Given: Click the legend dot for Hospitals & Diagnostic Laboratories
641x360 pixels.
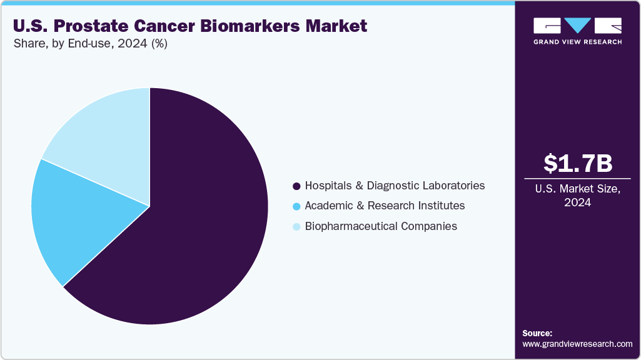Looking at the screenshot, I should [296, 186].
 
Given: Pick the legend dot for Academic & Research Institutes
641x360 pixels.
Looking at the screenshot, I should [296, 206].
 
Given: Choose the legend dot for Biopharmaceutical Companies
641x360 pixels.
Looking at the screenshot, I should [296, 226].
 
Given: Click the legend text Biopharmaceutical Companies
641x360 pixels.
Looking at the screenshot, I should [380, 226].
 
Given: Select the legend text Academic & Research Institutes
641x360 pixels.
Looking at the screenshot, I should [385, 206].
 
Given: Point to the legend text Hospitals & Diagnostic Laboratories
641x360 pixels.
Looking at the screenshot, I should [395, 186].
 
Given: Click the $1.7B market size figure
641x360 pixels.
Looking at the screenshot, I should [578, 163].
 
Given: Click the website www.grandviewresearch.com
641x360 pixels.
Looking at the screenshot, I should [577, 344].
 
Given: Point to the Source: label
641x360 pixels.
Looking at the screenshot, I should [537, 333].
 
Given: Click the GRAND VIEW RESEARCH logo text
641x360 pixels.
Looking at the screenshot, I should [578, 42].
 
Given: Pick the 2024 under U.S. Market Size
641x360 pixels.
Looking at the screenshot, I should [578, 202].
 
